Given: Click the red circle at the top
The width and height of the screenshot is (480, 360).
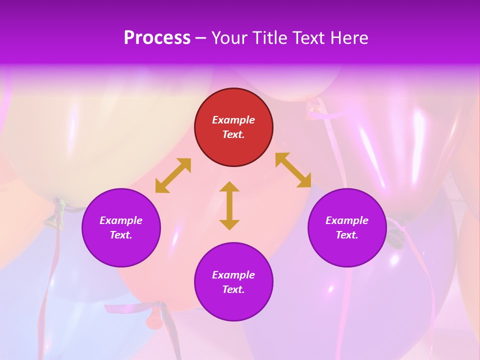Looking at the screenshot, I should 233,127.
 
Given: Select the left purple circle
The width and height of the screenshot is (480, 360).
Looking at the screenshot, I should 121,228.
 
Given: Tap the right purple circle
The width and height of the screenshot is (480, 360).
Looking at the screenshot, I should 347,228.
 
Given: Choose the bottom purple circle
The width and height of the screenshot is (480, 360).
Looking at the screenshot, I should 233,282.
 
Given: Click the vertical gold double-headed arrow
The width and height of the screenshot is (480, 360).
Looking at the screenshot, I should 229,205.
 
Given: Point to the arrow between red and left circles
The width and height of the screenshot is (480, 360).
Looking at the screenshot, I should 173,175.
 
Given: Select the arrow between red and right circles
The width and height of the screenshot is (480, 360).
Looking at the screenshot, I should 293,170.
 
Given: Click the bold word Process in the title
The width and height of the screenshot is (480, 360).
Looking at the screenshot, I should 157,38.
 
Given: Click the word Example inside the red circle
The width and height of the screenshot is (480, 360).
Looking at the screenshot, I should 233,120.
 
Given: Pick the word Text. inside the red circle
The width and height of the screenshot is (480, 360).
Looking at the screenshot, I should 233,134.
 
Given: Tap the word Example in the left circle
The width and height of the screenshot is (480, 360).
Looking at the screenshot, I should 121,220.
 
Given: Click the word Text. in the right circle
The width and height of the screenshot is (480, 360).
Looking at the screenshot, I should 347,235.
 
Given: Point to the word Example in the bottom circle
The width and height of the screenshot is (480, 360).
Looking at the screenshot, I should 233,275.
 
